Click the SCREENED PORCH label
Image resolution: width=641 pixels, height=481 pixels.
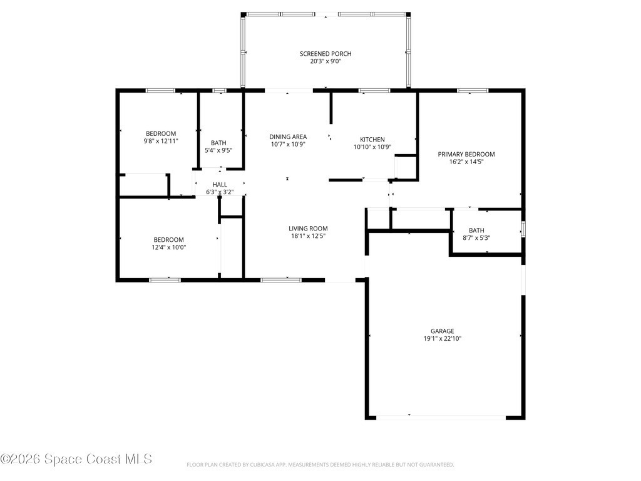click(x=326, y=54)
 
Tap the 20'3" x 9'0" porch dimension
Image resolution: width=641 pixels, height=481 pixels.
click(x=326, y=61)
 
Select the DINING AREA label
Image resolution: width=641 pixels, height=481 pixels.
click(x=288, y=137)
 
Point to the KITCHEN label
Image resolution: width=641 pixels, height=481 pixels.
click(x=372, y=140)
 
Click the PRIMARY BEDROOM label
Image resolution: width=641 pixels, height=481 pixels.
click(x=466, y=154)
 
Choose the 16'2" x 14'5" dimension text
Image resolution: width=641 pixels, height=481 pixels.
click(x=466, y=162)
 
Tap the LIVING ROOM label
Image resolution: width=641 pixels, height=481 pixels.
click(x=308, y=229)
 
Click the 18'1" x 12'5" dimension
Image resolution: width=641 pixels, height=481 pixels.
click(x=308, y=236)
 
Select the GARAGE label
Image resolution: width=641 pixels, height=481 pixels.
click(x=443, y=331)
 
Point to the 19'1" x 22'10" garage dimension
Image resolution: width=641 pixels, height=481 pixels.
click(x=443, y=339)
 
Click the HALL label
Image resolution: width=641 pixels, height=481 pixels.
click(x=220, y=185)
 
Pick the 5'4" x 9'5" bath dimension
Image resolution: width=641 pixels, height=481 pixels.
click(x=218, y=150)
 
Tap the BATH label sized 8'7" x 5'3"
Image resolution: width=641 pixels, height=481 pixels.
click(x=476, y=230)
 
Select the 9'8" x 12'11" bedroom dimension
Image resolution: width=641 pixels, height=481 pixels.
click(x=161, y=141)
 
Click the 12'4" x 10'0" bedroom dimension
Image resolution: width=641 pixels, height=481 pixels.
click(x=168, y=247)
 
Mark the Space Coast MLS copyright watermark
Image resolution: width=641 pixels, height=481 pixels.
click(x=76, y=459)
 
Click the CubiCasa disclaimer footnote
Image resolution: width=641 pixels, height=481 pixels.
click(x=320, y=465)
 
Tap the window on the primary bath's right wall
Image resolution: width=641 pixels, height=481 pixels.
click(x=523, y=229)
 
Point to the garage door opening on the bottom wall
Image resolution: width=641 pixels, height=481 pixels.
click(x=441, y=418)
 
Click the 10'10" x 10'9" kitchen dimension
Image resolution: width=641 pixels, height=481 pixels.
click(x=372, y=147)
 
